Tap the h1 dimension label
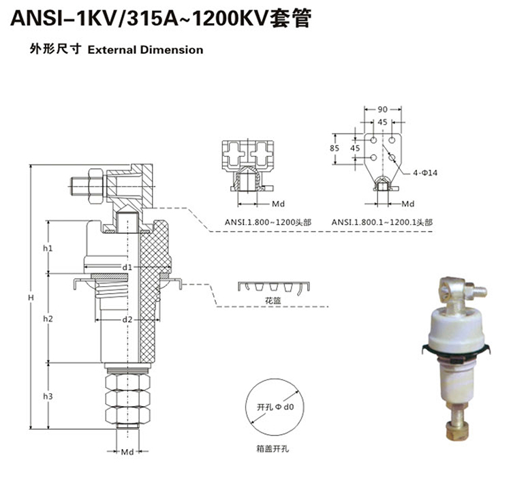[x=48, y=248]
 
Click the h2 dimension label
[x=48, y=318]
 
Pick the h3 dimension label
[x=48, y=396]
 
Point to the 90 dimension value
[x=383, y=110]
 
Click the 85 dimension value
[x=335, y=147]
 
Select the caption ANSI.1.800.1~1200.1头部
[x=381, y=221]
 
